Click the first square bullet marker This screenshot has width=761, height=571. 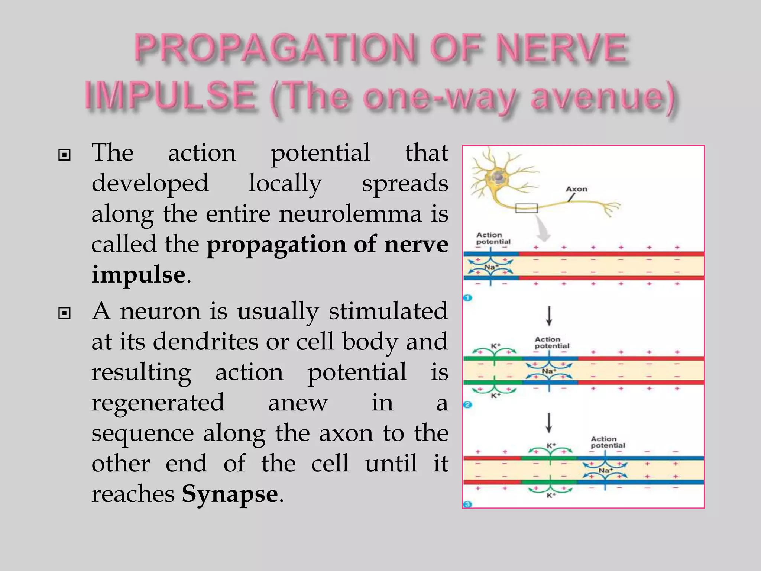(64, 155)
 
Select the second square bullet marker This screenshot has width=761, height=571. (64, 313)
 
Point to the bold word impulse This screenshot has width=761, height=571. (138, 275)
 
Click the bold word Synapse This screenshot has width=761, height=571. (230, 494)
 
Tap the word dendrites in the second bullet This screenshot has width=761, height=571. (205, 341)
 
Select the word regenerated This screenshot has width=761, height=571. (158, 403)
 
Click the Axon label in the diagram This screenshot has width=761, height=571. (576, 189)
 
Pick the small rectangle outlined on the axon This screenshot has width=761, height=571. (527, 208)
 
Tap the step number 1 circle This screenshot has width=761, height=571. (467, 298)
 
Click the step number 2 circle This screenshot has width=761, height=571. (468, 404)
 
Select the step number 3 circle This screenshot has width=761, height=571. (467, 504)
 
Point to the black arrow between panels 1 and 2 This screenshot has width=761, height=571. (549, 316)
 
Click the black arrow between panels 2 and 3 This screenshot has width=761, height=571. (549, 423)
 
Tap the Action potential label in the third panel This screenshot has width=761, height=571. (608, 442)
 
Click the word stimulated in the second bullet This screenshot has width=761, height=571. (388, 311)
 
